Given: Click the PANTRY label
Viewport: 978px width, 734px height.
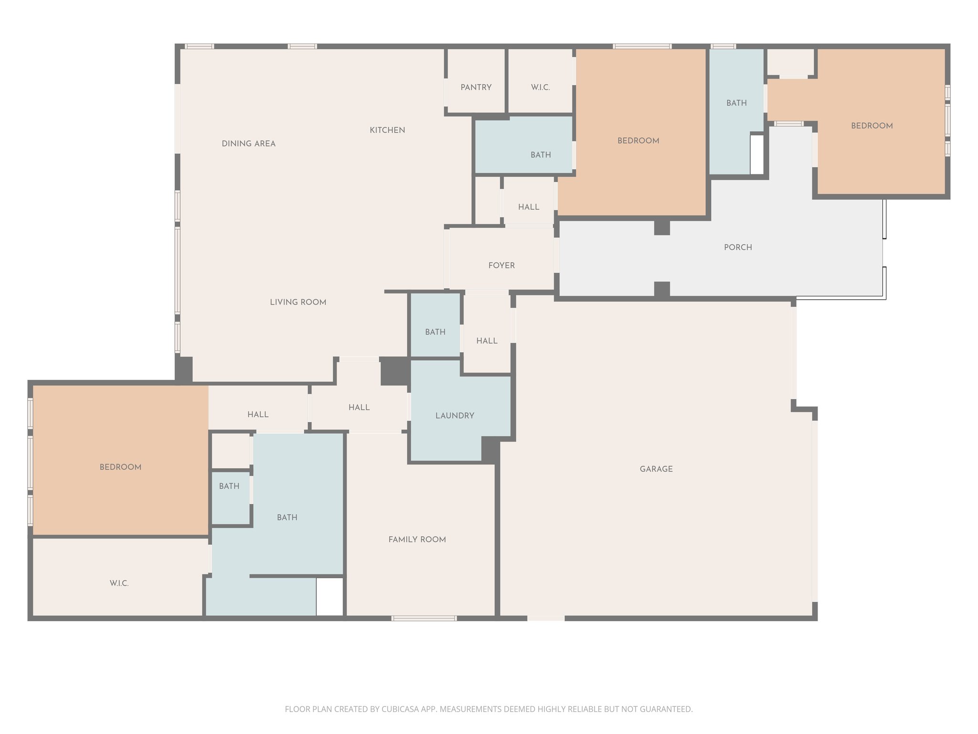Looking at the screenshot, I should [x=476, y=87].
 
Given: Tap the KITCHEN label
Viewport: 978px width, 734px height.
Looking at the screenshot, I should [x=387, y=130].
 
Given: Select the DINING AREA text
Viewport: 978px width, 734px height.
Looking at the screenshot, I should [x=248, y=144].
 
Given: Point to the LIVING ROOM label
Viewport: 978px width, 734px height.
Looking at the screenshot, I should [x=298, y=302].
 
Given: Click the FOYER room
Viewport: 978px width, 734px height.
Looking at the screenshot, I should [x=501, y=265].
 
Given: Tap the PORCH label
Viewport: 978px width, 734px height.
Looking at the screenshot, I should [x=738, y=248].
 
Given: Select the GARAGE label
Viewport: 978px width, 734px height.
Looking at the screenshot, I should [x=656, y=469].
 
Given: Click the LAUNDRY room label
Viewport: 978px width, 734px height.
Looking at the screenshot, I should [x=455, y=416].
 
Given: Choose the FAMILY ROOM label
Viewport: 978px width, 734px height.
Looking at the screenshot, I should [x=417, y=540].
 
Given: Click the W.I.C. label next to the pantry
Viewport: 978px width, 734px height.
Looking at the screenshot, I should [x=540, y=87].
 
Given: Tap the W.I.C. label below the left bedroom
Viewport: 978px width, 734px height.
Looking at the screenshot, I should [x=119, y=583].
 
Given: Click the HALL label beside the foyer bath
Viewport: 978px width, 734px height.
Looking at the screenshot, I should [x=487, y=341].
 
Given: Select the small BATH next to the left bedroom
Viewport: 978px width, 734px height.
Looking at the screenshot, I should [x=229, y=486].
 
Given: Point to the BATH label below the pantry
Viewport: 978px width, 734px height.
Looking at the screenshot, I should [x=541, y=155].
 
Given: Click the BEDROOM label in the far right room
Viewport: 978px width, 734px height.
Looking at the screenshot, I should [x=872, y=126].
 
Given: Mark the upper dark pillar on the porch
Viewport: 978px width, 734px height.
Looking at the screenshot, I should [x=662, y=227].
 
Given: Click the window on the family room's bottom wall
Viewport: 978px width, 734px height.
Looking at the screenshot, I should [x=424, y=618].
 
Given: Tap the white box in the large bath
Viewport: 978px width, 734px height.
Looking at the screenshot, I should [x=330, y=596].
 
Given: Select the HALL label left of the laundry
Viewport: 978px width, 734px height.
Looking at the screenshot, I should [x=359, y=407].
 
